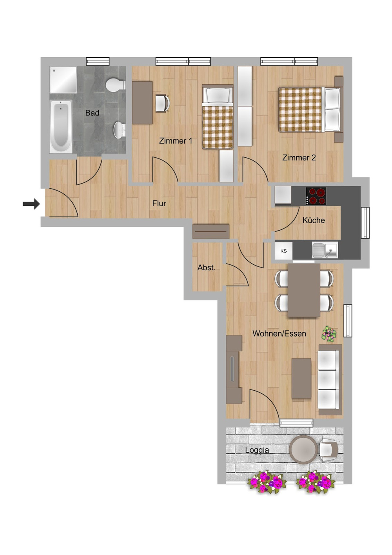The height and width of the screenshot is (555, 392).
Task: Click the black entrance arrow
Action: [x=31, y=204]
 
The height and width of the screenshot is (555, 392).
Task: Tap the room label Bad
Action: [x=92, y=113]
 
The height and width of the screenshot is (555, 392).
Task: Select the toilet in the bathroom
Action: [x=115, y=84]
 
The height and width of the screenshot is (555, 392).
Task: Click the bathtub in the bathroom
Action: [x=61, y=127]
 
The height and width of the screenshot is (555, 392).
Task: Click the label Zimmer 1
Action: [x=176, y=141]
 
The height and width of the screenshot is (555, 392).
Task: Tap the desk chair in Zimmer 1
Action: [x=163, y=103]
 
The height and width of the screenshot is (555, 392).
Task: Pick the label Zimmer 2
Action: [x=299, y=158]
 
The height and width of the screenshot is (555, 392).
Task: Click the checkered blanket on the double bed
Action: [x=300, y=109]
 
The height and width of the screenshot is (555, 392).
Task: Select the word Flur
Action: [x=159, y=204]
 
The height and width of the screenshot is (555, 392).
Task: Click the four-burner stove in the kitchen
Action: [x=316, y=196]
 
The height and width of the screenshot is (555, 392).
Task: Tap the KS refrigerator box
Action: [x=283, y=251]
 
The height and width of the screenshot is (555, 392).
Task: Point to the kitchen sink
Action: [x=325, y=250]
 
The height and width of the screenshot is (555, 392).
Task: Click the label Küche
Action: [x=314, y=220]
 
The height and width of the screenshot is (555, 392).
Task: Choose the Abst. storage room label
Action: [x=206, y=267]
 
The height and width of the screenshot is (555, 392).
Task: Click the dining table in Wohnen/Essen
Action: [x=304, y=290]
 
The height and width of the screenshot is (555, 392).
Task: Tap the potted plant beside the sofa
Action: [x=329, y=334]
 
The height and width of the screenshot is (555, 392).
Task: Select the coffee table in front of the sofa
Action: [x=301, y=378]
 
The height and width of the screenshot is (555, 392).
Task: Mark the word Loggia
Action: [x=257, y=450]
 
